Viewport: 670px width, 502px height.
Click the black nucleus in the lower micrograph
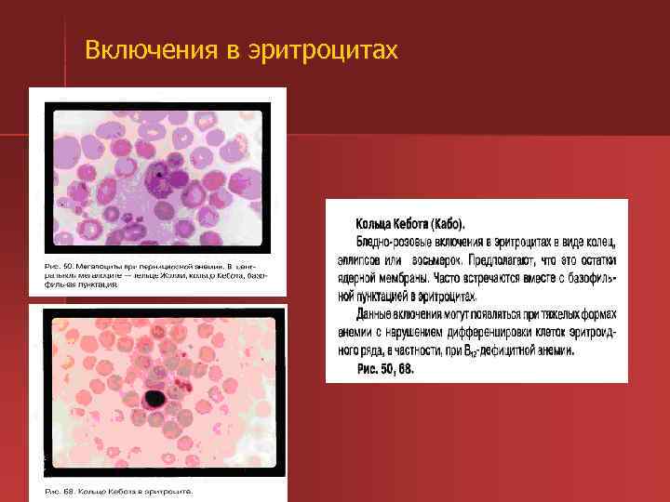tap(153, 399)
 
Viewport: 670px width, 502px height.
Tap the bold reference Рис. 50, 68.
tap(385, 369)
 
